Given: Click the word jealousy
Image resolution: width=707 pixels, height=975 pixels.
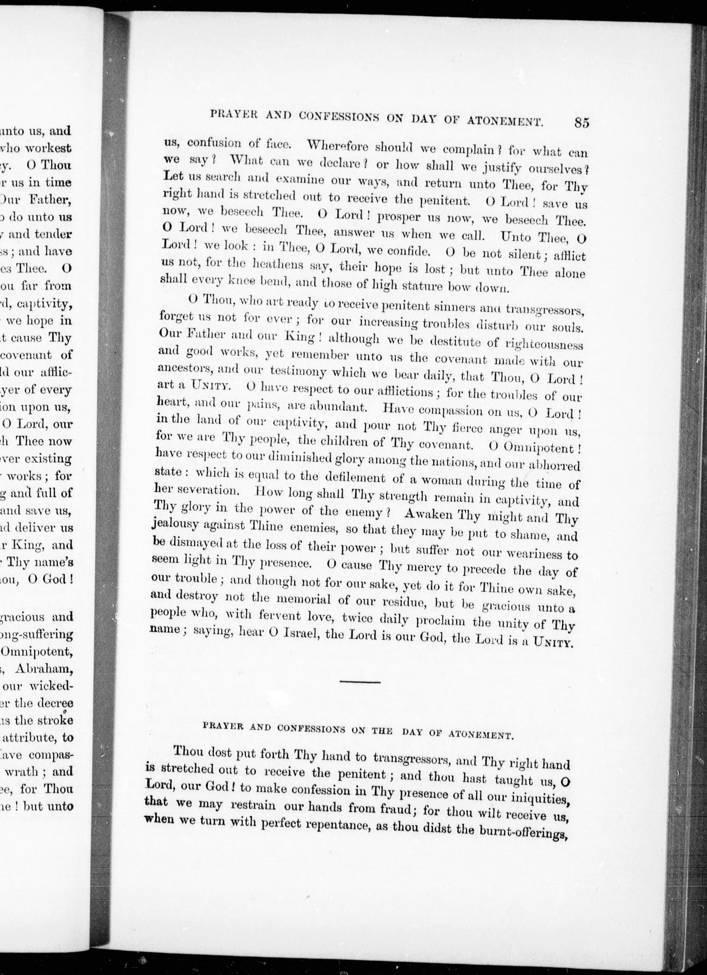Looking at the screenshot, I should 175,525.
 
